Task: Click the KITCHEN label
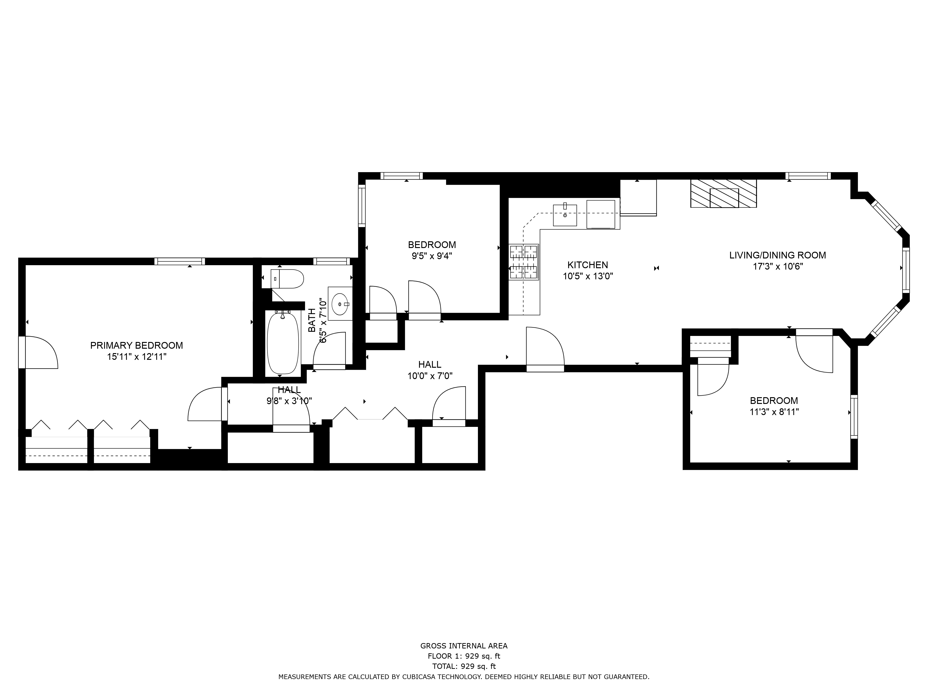click(587, 265)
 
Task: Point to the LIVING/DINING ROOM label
click(777, 255)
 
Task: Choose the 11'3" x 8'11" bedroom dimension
click(774, 412)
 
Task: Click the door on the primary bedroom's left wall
click(40, 352)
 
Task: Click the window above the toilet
click(332, 261)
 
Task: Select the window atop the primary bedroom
click(180, 261)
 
